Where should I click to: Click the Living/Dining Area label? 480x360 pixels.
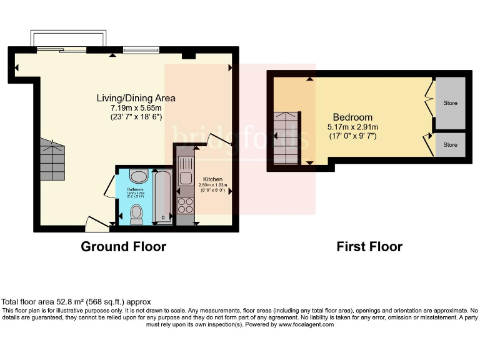click(x=136, y=98)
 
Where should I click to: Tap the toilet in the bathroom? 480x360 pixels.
click(x=137, y=214)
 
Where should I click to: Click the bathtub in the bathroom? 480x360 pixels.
click(x=161, y=195)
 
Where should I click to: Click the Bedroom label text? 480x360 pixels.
click(x=352, y=117)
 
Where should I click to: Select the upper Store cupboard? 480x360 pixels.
click(x=450, y=102)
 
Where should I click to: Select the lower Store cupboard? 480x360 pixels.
click(x=450, y=145)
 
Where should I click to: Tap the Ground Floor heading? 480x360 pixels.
click(x=123, y=247)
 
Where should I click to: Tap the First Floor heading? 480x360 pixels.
click(x=369, y=247)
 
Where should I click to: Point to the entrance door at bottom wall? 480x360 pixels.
click(x=95, y=221)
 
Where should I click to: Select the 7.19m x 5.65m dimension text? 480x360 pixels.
click(x=136, y=107)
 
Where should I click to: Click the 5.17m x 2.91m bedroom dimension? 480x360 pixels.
click(x=352, y=127)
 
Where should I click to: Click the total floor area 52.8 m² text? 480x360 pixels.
click(x=76, y=301)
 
